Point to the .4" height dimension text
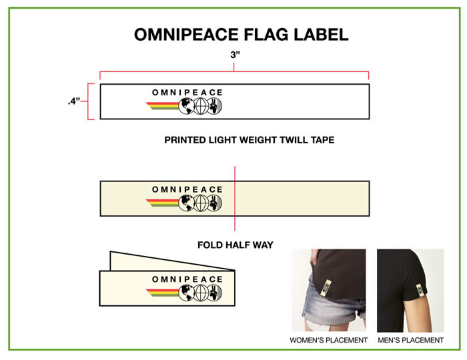coord(73,101)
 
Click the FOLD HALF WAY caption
coord(235,245)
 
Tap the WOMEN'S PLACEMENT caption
coord(328,340)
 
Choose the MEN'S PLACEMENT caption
coord(410,340)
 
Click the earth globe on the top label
coord(186,105)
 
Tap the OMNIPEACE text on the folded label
coord(187,279)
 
